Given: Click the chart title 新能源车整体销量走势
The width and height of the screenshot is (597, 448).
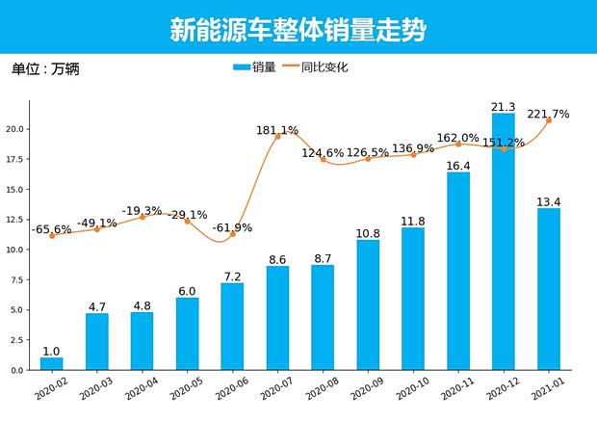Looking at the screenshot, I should pyautogui.click(x=298, y=30).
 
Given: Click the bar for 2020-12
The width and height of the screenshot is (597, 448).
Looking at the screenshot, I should pyautogui.click(x=503, y=242).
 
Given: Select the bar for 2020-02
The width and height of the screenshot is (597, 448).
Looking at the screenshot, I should pyautogui.click(x=51, y=364).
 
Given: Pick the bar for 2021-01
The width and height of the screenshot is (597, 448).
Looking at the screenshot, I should pyautogui.click(x=548, y=289).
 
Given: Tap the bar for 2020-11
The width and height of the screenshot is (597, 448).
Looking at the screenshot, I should pyautogui.click(x=457, y=271).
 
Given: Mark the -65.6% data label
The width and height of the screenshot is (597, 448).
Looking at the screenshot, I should pyautogui.click(x=52, y=229).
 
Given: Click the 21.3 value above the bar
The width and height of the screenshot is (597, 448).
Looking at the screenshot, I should pyautogui.click(x=503, y=106).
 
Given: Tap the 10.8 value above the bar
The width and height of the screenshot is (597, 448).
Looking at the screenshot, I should pyautogui.click(x=368, y=233).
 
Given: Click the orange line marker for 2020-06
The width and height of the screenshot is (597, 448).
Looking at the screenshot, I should pyautogui.click(x=232, y=234).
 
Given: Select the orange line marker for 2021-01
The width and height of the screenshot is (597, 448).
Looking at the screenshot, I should pyautogui.click(x=548, y=120).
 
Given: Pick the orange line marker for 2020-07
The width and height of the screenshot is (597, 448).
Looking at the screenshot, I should pyautogui.click(x=277, y=137).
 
